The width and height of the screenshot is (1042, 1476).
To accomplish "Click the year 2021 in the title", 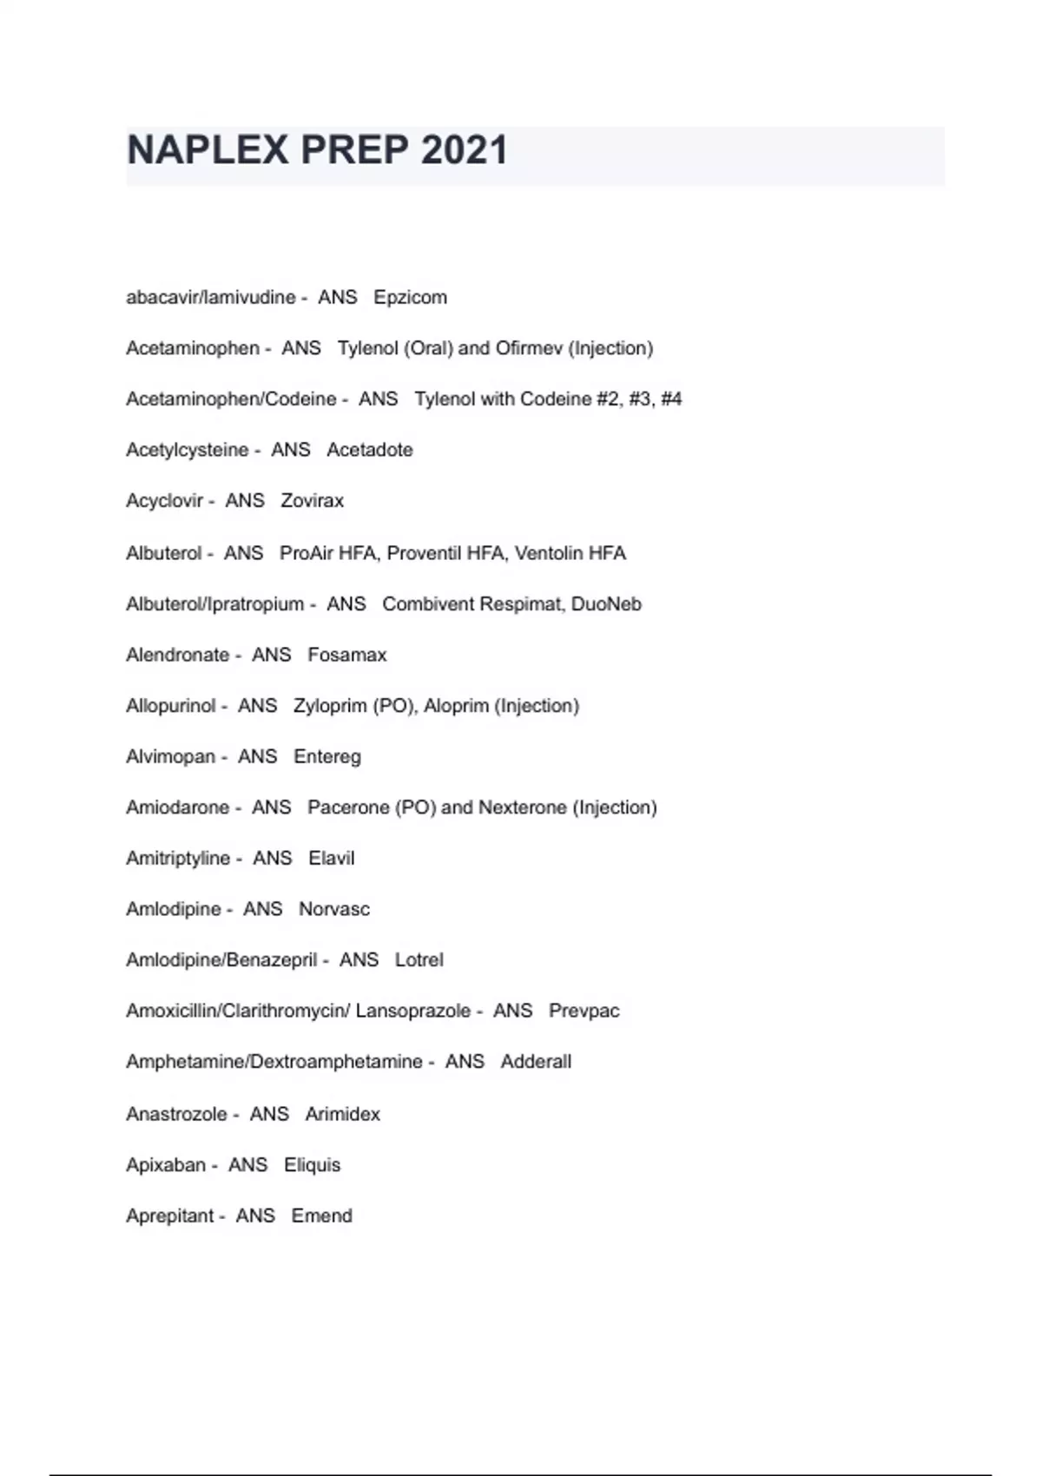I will (x=465, y=150).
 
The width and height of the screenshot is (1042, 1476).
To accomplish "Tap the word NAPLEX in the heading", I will (x=208, y=150).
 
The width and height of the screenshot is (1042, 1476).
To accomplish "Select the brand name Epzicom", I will (x=410, y=297).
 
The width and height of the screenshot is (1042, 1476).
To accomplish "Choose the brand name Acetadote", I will (x=369, y=450).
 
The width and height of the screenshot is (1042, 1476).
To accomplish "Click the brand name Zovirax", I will (x=312, y=501).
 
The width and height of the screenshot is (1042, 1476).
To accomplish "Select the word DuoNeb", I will (x=606, y=604).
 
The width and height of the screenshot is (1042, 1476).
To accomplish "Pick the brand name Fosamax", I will (x=346, y=655).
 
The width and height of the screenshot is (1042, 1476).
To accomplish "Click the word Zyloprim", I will (x=330, y=706).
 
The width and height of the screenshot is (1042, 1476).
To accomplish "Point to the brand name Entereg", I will (x=326, y=757).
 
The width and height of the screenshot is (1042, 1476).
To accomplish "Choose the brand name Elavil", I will (x=331, y=859).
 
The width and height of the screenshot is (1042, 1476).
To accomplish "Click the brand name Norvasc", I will (x=333, y=909).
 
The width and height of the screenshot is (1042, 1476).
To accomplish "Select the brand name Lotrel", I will (x=419, y=960).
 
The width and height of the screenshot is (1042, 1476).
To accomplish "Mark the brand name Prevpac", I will (x=584, y=1011).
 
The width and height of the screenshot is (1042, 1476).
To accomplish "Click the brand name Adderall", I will (x=536, y=1062).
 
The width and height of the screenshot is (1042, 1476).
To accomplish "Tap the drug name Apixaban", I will (x=166, y=1165).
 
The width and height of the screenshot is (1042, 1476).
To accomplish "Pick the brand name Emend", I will (x=321, y=1216).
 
